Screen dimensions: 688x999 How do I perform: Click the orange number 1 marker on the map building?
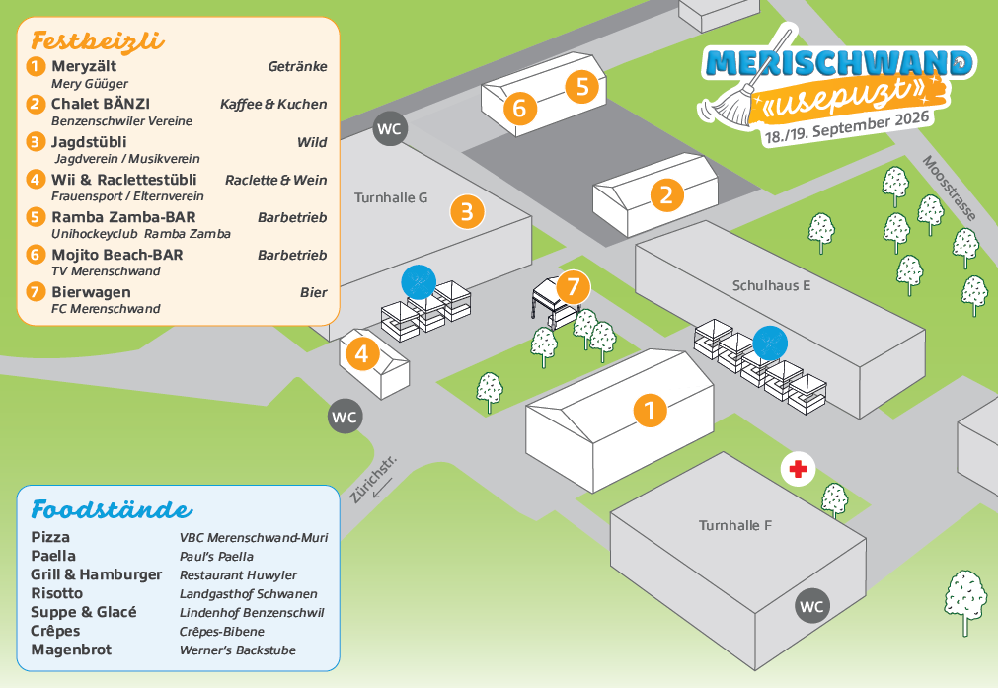pos(650,409)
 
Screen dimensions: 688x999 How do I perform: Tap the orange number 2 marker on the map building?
pos(666,194)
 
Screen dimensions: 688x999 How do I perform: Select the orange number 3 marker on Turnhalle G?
pos(467,210)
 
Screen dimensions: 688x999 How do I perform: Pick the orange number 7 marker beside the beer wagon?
pos(573,288)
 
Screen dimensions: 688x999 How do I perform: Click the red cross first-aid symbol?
pos(798,469)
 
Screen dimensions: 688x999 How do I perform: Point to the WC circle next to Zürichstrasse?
pos(345,417)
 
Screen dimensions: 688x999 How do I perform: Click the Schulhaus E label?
pos(771,285)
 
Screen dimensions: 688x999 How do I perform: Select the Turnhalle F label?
pos(734,525)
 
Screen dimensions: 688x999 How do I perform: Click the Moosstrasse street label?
pos(949,189)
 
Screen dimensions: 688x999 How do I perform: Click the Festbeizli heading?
pos(98,41)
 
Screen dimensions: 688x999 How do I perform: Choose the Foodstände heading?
pos(112,510)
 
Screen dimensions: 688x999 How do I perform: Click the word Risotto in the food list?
pos(57,593)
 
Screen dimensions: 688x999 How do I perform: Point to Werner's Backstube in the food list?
pos(237,650)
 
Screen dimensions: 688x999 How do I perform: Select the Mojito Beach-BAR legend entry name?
pos(117,255)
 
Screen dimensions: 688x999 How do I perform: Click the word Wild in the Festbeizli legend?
pos(312,142)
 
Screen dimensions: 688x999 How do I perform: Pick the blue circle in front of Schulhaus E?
pos(770,343)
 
